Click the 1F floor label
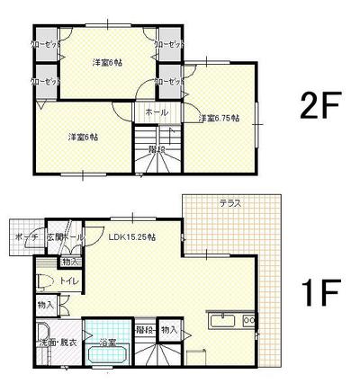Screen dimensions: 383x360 click(x=319, y=292)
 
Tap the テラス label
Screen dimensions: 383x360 click(x=229, y=204)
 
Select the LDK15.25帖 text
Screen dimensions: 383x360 click(x=132, y=237)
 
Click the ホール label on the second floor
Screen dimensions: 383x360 click(x=156, y=112)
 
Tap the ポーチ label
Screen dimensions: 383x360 click(x=24, y=237)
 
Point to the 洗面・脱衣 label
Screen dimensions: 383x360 click(x=57, y=343)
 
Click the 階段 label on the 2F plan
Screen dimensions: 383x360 click(x=157, y=149)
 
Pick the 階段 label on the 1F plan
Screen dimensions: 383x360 click(x=143, y=330)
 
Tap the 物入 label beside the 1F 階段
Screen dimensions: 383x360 click(x=169, y=330)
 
